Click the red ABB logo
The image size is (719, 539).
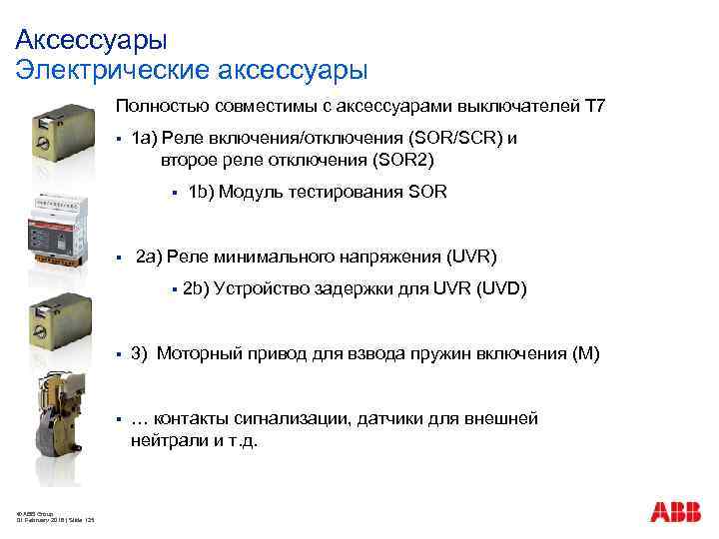(675, 512)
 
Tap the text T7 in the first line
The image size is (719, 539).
(595, 107)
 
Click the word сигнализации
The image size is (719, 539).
(289, 418)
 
